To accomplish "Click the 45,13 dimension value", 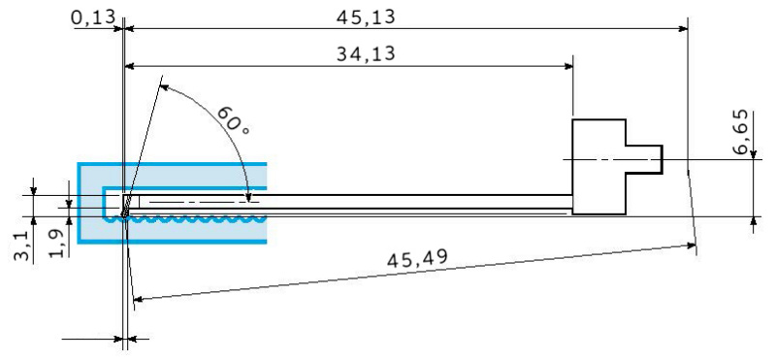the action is [x=366, y=17].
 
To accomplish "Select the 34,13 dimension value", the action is [x=366, y=53].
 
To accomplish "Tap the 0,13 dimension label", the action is [x=93, y=18].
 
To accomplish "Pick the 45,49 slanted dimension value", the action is [x=417, y=258].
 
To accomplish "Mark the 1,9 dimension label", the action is [x=58, y=242].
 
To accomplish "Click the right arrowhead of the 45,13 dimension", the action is [x=683, y=29].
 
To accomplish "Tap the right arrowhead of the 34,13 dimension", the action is [x=567, y=65].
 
